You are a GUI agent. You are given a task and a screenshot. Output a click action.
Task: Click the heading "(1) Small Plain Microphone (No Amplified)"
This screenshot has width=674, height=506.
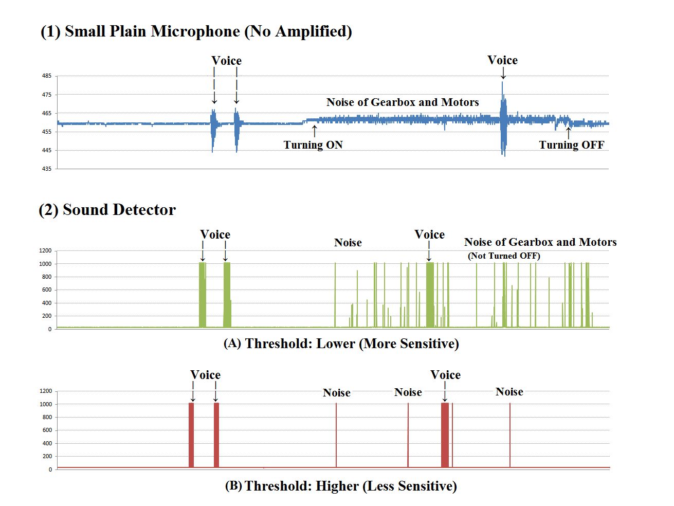196,31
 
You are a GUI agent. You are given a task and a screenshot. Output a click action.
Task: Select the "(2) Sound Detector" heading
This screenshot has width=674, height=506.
107,210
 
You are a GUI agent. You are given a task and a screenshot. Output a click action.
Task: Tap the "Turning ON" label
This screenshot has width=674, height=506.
313,145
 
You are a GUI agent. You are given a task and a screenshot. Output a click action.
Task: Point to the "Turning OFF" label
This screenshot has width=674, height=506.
571,145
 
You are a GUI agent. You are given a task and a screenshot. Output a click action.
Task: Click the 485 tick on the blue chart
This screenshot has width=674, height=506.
47,76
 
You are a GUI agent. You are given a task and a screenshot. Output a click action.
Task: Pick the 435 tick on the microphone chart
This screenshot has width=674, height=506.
47,169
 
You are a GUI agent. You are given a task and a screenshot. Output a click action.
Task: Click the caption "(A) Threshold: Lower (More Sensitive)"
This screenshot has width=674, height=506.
341,344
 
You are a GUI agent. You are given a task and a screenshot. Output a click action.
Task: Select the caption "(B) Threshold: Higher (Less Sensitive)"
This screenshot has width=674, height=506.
341,486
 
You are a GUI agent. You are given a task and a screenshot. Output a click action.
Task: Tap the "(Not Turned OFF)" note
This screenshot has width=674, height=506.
504,256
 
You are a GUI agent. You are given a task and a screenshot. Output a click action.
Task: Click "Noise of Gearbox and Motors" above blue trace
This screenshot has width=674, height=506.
403,102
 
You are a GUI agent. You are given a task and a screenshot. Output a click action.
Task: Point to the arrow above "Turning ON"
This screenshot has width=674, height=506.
315,131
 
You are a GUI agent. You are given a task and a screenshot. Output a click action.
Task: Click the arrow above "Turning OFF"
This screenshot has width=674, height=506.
568,133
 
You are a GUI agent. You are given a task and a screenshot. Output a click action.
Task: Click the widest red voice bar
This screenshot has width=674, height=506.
445,435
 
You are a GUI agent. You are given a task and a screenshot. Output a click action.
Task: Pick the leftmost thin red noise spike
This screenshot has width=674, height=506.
336,435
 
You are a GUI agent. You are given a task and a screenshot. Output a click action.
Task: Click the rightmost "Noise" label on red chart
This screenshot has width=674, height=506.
509,392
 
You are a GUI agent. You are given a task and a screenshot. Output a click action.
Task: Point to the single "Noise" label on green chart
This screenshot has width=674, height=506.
348,243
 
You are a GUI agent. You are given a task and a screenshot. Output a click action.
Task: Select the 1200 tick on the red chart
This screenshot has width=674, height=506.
46,391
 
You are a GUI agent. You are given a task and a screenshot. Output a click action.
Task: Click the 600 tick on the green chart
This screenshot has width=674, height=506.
47,290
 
